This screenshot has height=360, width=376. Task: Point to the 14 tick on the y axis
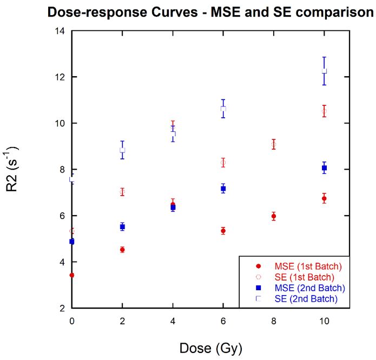[61, 31]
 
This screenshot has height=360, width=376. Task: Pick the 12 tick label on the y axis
[61, 77]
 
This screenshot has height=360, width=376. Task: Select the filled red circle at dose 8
[274, 216]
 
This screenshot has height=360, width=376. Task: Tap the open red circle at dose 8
[274, 144]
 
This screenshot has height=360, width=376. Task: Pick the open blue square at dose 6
[223, 109]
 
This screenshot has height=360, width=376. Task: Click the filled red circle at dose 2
[122, 250]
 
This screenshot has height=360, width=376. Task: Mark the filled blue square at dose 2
[122, 226]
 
